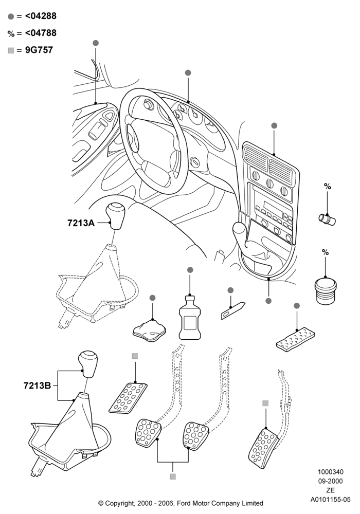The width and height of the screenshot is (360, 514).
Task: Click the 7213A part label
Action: pyautogui.click(x=81, y=223)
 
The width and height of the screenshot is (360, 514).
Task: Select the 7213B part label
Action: pyautogui.click(x=37, y=385)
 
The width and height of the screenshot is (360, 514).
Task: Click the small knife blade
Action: pyautogui.click(x=233, y=310)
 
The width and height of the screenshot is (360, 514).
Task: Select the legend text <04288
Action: pyautogui.click(x=41, y=16)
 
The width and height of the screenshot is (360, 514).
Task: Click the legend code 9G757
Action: pyautogui.click(x=39, y=50)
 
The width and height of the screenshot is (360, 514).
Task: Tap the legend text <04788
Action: pyautogui.click(x=41, y=33)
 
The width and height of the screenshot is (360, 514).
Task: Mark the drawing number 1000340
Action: pyautogui.click(x=331, y=472)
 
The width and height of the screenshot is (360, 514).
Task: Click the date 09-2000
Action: pyautogui.click(x=331, y=481)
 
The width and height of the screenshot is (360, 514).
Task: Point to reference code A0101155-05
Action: pyautogui.click(x=331, y=500)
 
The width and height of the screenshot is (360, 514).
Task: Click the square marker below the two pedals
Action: pyautogui.click(x=173, y=476)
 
